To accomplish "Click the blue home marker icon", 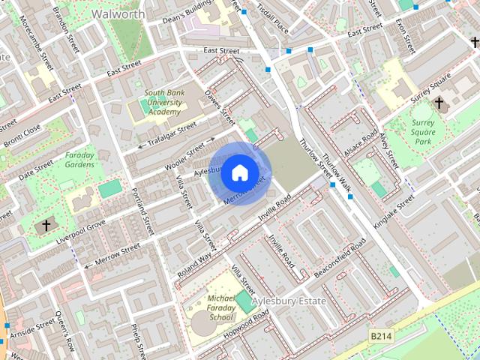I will coord(239,173).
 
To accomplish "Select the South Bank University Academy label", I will coord(163,103).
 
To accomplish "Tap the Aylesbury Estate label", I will coord(289,301).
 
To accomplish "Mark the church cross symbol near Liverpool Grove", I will coord(46,224).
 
